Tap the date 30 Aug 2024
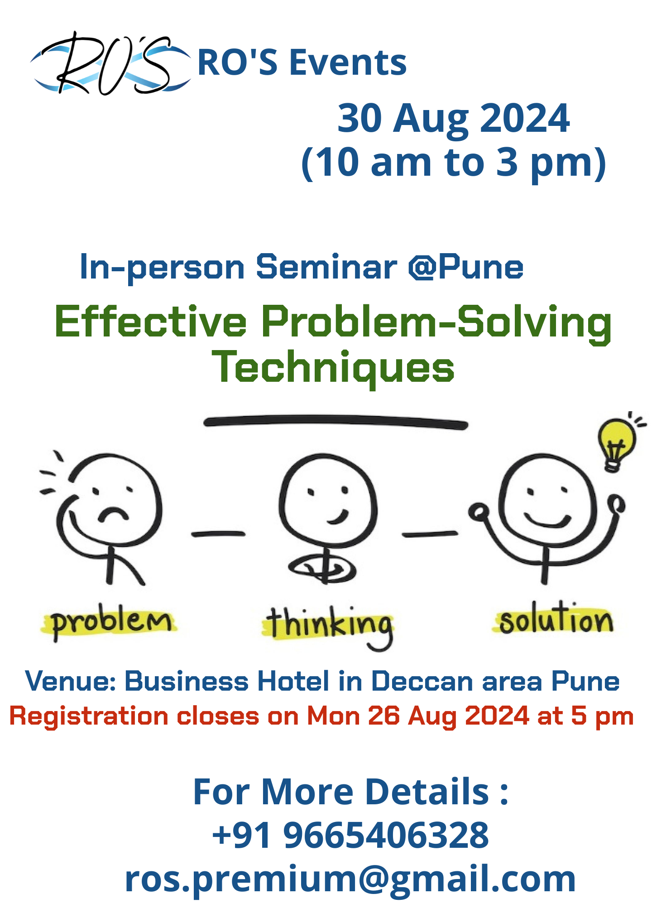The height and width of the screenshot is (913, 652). pyautogui.click(x=453, y=118)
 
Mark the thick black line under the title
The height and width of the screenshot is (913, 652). pyautogui.click(x=336, y=422)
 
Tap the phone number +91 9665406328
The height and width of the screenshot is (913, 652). pyautogui.click(x=350, y=835)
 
